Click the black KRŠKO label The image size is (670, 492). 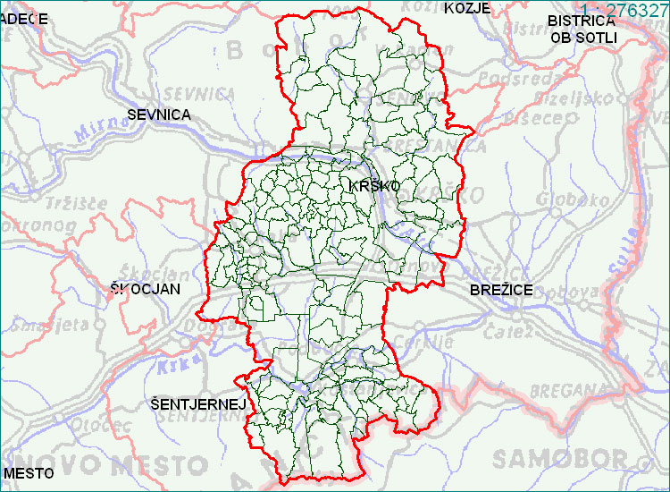pyautogui.click(x=374, y=185)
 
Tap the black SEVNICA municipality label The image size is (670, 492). pyautogui.click(x=159, y=115)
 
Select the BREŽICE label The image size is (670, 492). pyautogui.click(x=501, y=290)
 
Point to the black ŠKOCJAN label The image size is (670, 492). pyautogui.click(x=145, y=289)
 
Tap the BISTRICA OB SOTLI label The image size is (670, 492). pyautogui.click(x=582, y=28)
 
